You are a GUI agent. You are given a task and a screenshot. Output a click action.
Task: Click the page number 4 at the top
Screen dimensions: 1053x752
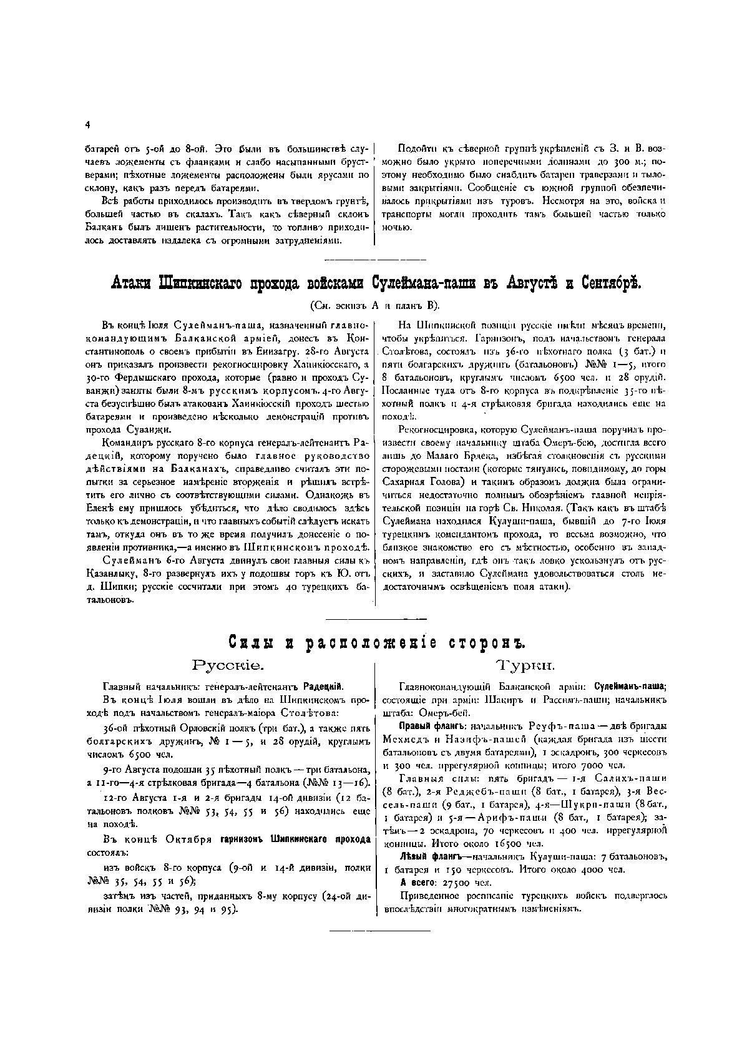87,125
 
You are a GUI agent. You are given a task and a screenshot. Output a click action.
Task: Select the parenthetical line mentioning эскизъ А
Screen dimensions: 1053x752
374,305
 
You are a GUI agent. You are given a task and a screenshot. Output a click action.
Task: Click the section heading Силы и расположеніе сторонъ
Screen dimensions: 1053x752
374,644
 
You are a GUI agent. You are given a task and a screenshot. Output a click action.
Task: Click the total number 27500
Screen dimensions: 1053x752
458,883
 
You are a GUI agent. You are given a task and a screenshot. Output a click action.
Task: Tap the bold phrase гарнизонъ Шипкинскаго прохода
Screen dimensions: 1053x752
295,840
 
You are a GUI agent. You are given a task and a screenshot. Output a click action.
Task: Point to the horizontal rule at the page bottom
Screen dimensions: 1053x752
379,931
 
